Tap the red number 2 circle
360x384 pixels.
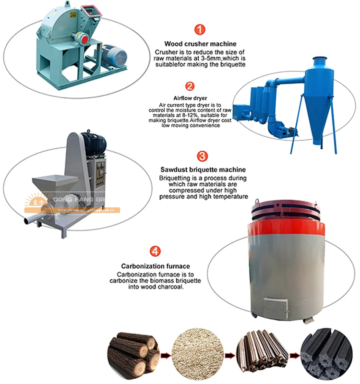[190, 86]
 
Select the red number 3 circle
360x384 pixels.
[203, 156]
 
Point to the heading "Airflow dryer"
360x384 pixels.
[190, 98]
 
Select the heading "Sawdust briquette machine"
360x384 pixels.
[203, 169]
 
